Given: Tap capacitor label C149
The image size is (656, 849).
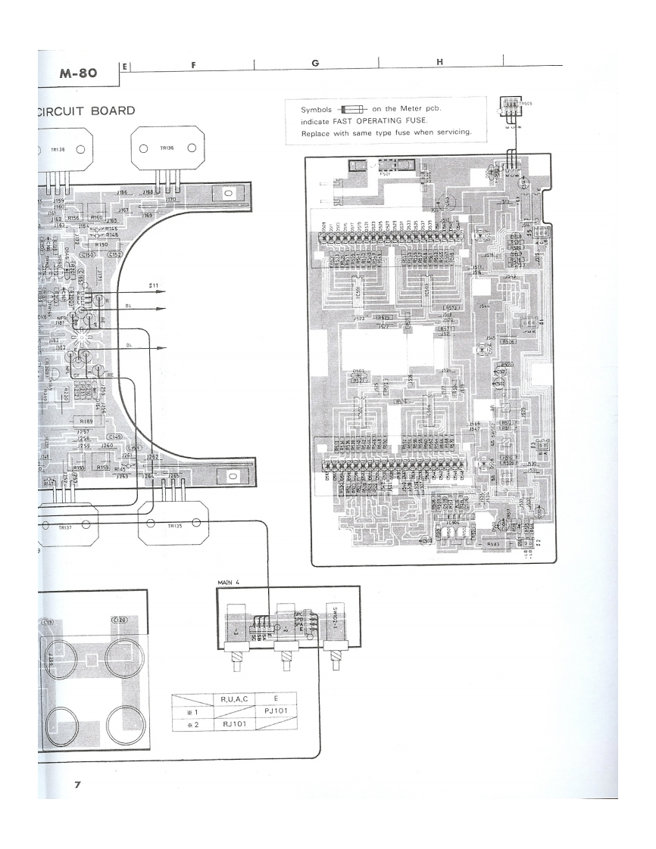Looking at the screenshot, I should [x=115, y=437].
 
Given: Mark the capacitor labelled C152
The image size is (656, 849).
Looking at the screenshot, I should [x=115, y=255].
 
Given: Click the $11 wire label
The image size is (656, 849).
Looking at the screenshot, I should [x=154, y=285].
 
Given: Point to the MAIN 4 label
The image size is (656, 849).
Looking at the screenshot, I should [x=230, y=582].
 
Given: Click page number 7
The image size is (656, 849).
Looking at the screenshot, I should [x=77, y=784].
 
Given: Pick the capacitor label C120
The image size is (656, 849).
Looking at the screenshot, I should [x=119, y=620].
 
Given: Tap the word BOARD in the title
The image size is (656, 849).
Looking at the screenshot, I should [x=112, y=111].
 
